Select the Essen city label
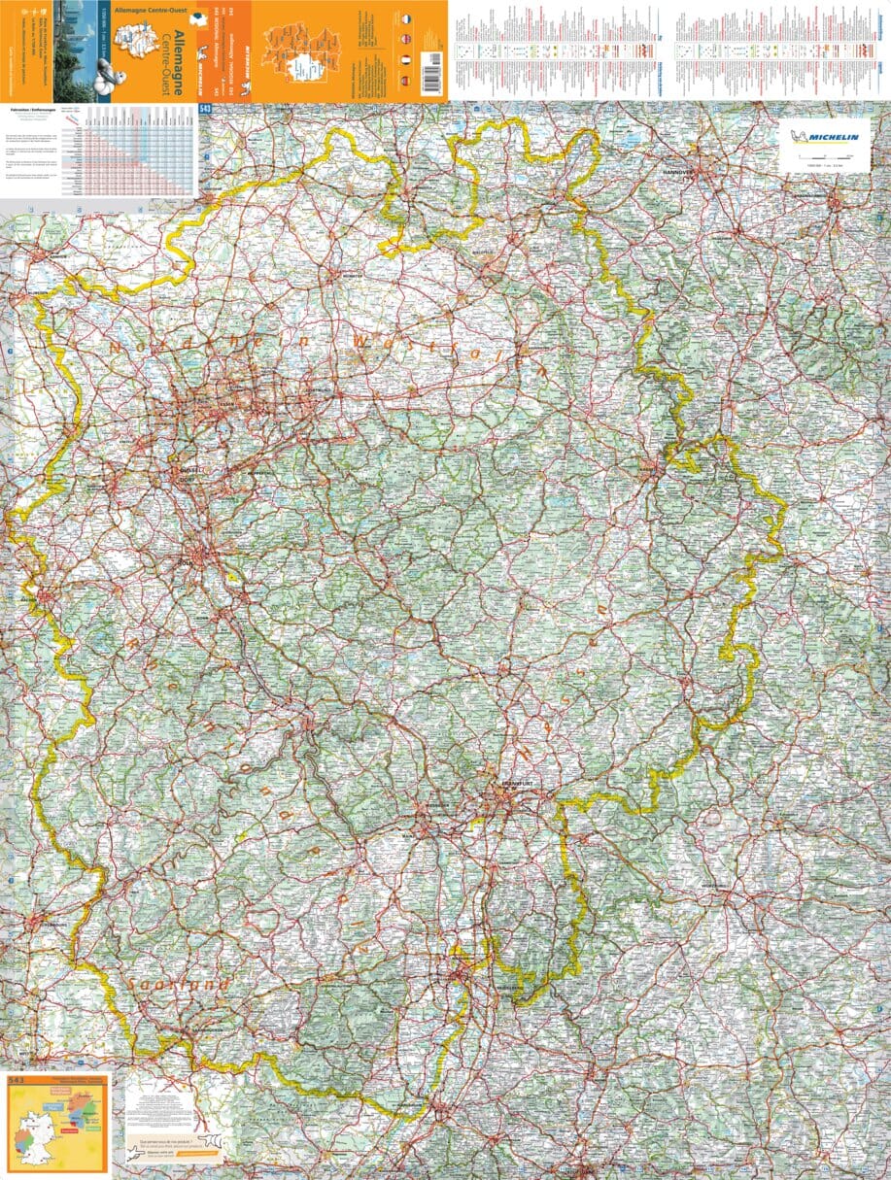point(227,401)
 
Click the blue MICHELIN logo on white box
point(824,138)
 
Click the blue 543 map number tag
point(204,110)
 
